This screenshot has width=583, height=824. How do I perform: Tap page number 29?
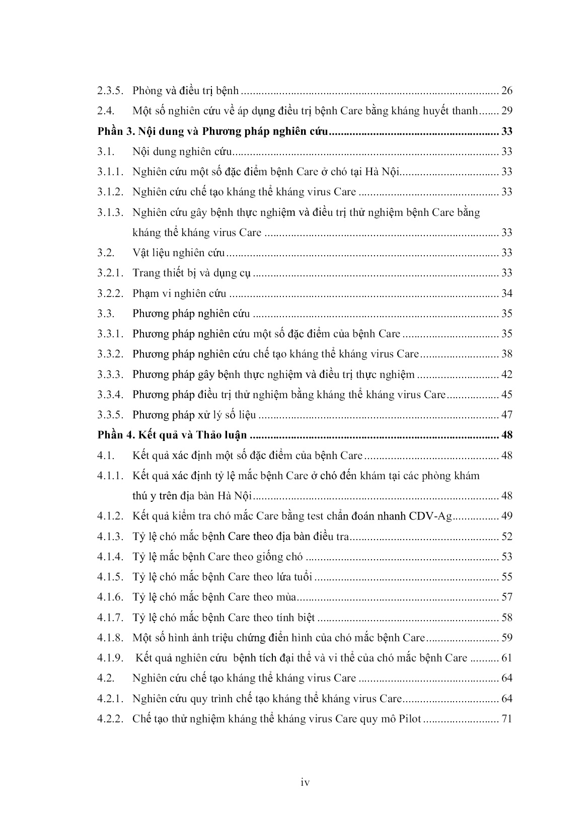(x=506, y=111)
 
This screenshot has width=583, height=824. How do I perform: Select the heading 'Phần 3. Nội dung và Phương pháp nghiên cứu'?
(x=213, y=132)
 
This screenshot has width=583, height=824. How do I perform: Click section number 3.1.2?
(x=110, y=192)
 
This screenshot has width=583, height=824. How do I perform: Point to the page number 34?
(x=506, y=293)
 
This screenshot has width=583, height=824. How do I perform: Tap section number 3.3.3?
(x=110, y=374)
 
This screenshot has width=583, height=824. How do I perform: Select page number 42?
(x=506, y=374)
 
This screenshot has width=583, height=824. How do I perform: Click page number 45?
(x=506, y=395)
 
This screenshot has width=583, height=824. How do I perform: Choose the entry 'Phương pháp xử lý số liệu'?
(x=194, y=415)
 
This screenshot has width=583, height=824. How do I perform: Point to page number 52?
(x=506, y=537)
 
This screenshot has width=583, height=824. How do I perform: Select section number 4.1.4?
(x=110, y=557)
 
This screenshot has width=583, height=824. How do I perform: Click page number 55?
(x=506, y=577)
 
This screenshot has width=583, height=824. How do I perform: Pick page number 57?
(x=506, y=597)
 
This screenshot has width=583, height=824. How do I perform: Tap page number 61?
(x=506, y=658)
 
